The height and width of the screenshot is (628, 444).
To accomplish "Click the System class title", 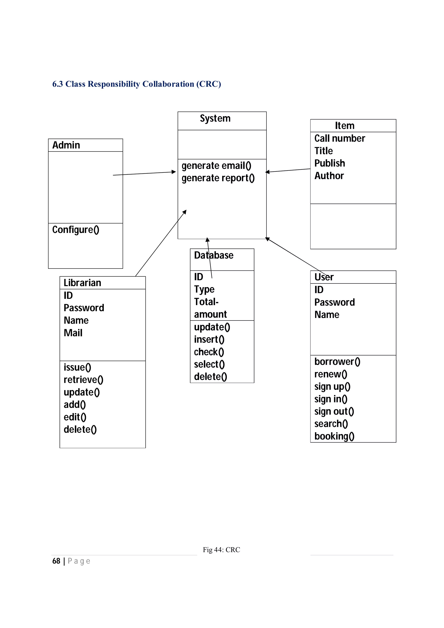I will click(x=215, y=119).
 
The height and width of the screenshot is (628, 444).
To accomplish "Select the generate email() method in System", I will click(x=216, y=166).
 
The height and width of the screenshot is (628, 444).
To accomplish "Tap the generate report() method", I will click(x=218, y=178).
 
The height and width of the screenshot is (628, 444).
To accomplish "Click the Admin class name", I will click(x=66, y=145).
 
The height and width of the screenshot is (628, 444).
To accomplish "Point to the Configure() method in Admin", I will click(x=75, y=230).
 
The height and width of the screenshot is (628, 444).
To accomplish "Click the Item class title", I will click(x=344, y=125).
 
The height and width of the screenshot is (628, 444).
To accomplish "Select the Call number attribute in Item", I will click(x=339, y=138).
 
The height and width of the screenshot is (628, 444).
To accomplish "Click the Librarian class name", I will click(x=82, y=283).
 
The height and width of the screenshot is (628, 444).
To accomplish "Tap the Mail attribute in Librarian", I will click(x=73, y=333).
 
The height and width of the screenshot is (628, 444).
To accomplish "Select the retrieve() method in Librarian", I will click(x=83, y=380).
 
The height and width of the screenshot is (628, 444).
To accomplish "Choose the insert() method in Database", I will click(x=209, y=339).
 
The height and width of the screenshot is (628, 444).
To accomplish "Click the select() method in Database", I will click(x=209, y=364).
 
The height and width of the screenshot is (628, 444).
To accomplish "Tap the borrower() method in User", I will click(x=337, y=362).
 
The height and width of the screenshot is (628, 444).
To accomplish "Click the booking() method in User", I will click(x=334, y=436).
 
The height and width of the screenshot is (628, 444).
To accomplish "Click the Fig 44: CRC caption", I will click(x=221, y=550).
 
